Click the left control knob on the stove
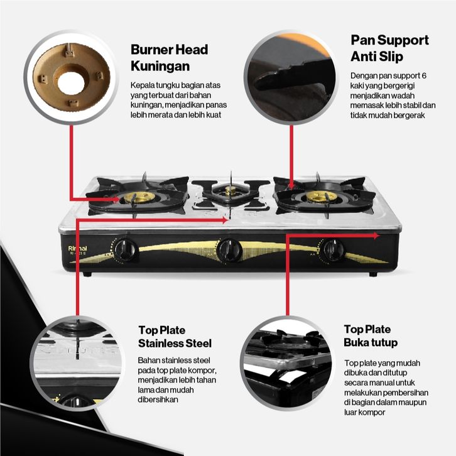point(126,250)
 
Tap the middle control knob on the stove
point(230,250)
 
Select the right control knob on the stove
point(332,249)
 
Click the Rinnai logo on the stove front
point(77,248)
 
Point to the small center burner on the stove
point(230,191)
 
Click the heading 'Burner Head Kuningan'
point(169,58)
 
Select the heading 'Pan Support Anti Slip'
point(389,48)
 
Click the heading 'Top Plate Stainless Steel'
point(175,337)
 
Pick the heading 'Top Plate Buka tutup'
point(371,335)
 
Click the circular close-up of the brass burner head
point(71,77)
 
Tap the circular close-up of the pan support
point(291,77)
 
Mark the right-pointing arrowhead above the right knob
point(376,236)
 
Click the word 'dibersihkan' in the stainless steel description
point(158,399)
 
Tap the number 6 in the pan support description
point(424,75)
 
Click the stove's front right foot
point(374,274)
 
